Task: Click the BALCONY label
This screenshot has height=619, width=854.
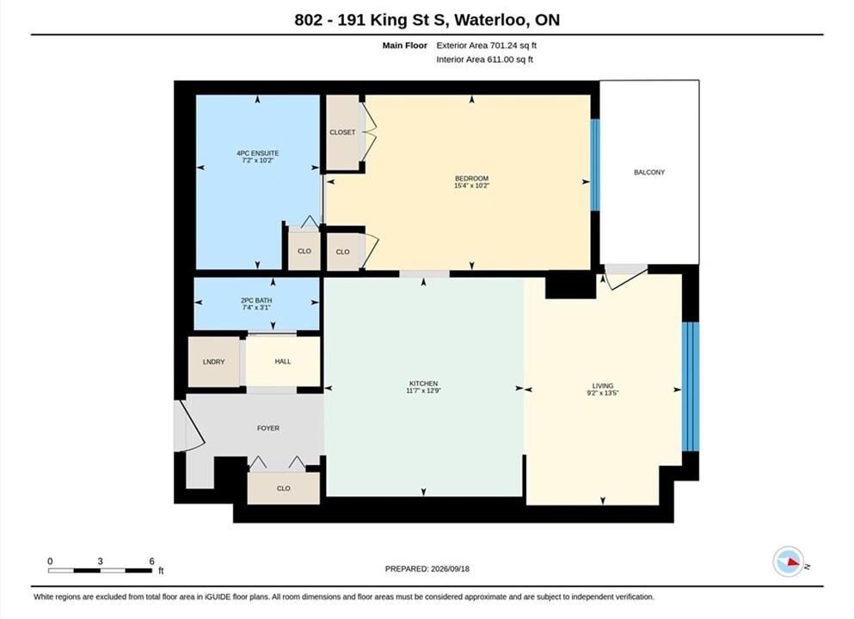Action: click(x=649, y=172)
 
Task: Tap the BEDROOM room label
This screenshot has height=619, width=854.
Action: click(x=471, y=179)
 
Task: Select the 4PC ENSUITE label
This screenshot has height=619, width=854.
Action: click(x=258, y=154)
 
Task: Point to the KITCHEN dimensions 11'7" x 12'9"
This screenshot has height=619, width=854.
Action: click(x=423, y=390)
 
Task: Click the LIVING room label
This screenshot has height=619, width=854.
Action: click(x=603, y=385)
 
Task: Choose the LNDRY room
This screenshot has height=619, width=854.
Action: click(x=213, y=361)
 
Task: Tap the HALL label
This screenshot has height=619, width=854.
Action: click(x=283, y=361)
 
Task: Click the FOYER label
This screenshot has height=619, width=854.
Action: click(x=268, y=428)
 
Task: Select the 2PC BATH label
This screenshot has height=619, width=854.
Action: click(x=256, y=301)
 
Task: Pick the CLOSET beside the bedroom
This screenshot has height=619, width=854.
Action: click(x=342, y=132)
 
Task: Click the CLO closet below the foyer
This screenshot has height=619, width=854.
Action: click(x=283, y=488)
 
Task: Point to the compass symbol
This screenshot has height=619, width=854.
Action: click(x=789, y=562)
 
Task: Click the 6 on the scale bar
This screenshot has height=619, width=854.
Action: click(x=151, y=561)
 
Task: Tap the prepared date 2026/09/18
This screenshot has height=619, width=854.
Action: click(x=450, y=568)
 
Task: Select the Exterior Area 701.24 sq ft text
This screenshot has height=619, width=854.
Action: click(x=487, y=46)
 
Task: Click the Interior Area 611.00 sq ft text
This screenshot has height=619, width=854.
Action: click(x=485, y=59)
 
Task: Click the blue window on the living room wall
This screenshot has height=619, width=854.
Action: click(x=690, y=387)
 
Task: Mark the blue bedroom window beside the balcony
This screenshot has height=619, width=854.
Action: click(x=595, y=164)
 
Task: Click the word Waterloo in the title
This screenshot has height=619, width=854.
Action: click(x=490, y=20)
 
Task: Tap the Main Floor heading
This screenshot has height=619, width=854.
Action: click(x=405, y=46)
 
